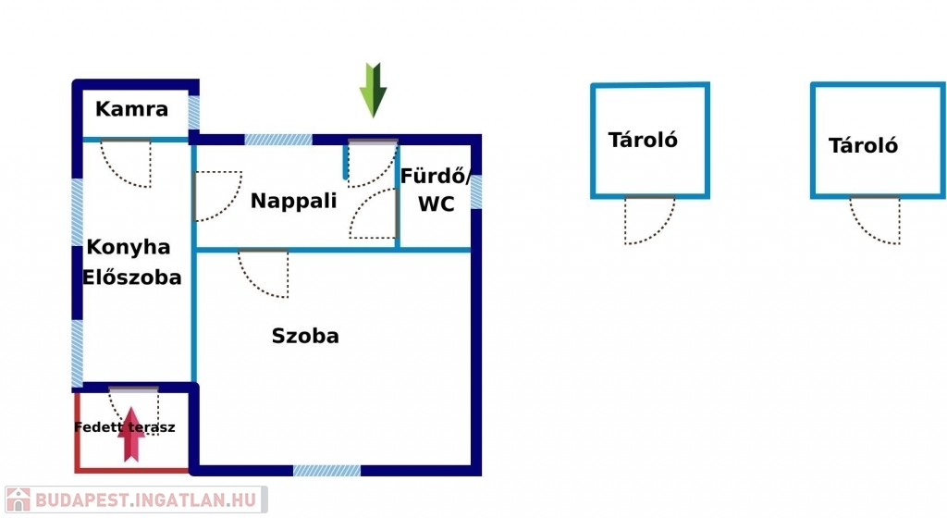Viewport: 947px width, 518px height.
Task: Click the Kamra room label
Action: coord(131,108)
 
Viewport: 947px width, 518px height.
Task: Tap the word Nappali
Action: coord(293,201)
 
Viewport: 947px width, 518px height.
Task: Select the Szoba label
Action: coord(305,336)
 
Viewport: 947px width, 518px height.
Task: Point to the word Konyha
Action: coord(128,248)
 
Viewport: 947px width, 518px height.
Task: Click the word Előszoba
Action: coord(131,277)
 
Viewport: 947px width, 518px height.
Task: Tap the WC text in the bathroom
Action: coord(437,204)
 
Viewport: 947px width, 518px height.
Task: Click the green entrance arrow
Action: coord(374,90)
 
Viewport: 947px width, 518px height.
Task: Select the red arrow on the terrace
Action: coord(130,434)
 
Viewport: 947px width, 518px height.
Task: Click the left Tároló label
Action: coord(643,140)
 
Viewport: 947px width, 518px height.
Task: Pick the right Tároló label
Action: coord(863,145)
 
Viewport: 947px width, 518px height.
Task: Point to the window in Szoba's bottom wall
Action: coord(326,470)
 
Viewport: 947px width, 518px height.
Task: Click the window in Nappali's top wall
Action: coord(278,140)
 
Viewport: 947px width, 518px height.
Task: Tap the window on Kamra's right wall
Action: coord(194,112)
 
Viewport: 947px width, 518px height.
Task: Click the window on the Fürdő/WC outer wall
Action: coord(476,192)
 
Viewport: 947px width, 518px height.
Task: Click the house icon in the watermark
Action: coord(18,499)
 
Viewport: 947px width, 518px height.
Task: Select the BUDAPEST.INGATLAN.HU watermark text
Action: coord(145,499)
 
